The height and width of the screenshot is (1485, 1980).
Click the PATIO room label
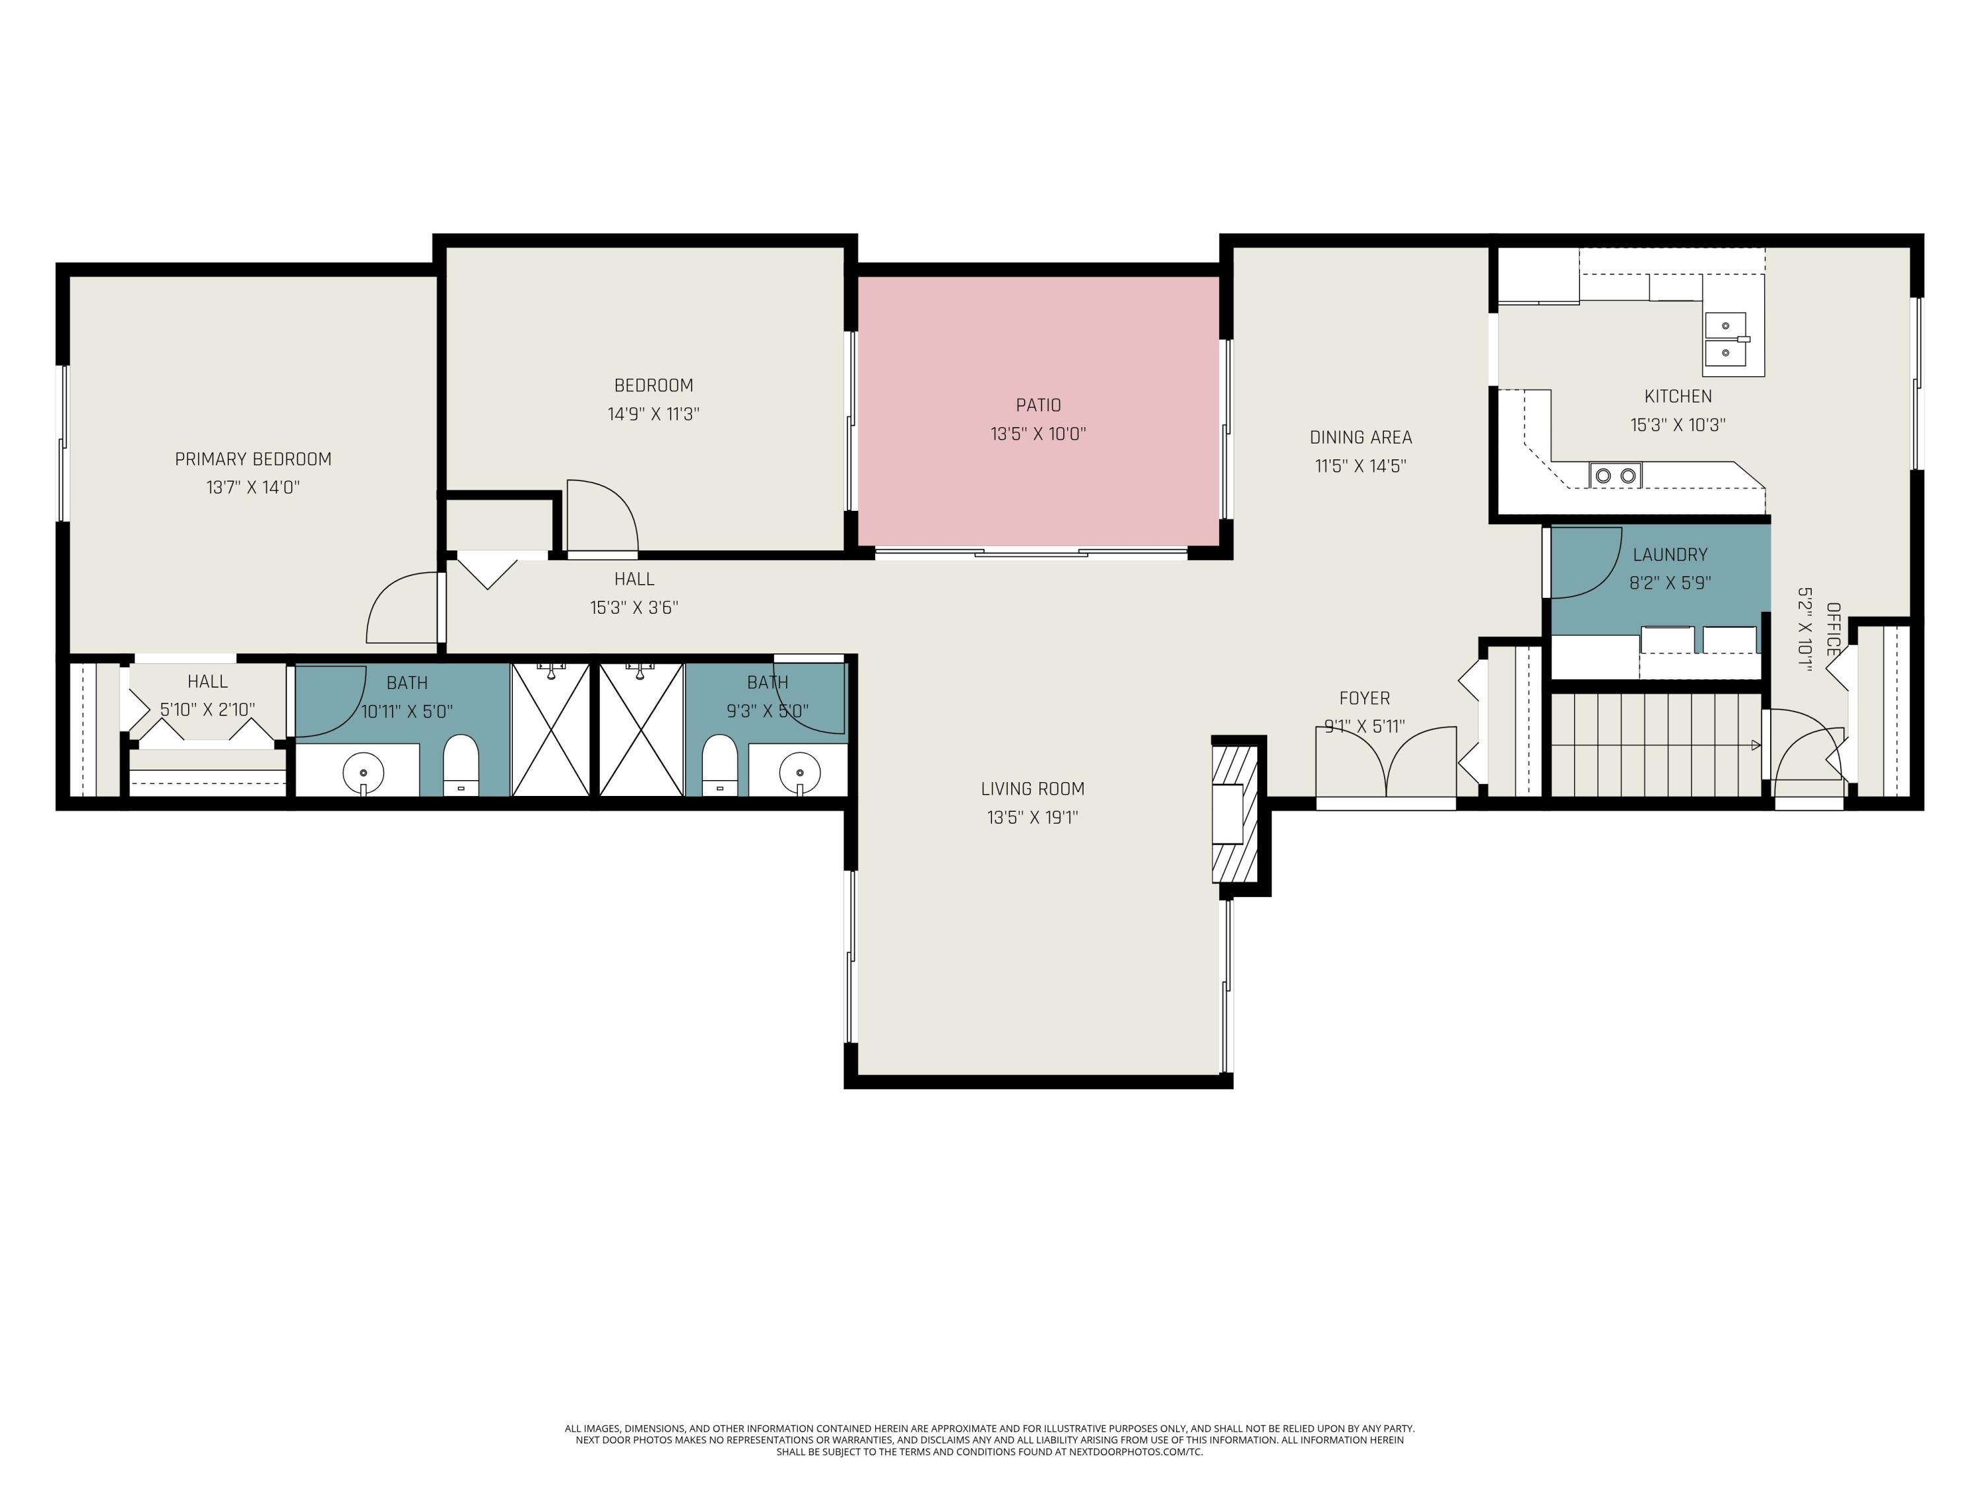click(1038, 405)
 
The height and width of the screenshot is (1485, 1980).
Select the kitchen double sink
click(1725, 339)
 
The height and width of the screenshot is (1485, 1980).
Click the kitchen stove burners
click(1616, 475)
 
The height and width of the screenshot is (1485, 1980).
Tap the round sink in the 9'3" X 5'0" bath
click(799, 771)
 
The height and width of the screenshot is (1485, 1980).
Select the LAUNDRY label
click(1669, 555)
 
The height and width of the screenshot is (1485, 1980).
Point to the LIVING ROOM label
click(1032, 789)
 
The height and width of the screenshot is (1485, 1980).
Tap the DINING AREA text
click(1360, 438)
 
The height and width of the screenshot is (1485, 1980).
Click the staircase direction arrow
click(1754, 744)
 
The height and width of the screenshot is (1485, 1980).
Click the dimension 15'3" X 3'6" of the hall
click(634, 608)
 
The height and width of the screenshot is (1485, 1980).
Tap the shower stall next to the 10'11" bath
click(550, 729)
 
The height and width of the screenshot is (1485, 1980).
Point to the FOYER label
click(1364, 698)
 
